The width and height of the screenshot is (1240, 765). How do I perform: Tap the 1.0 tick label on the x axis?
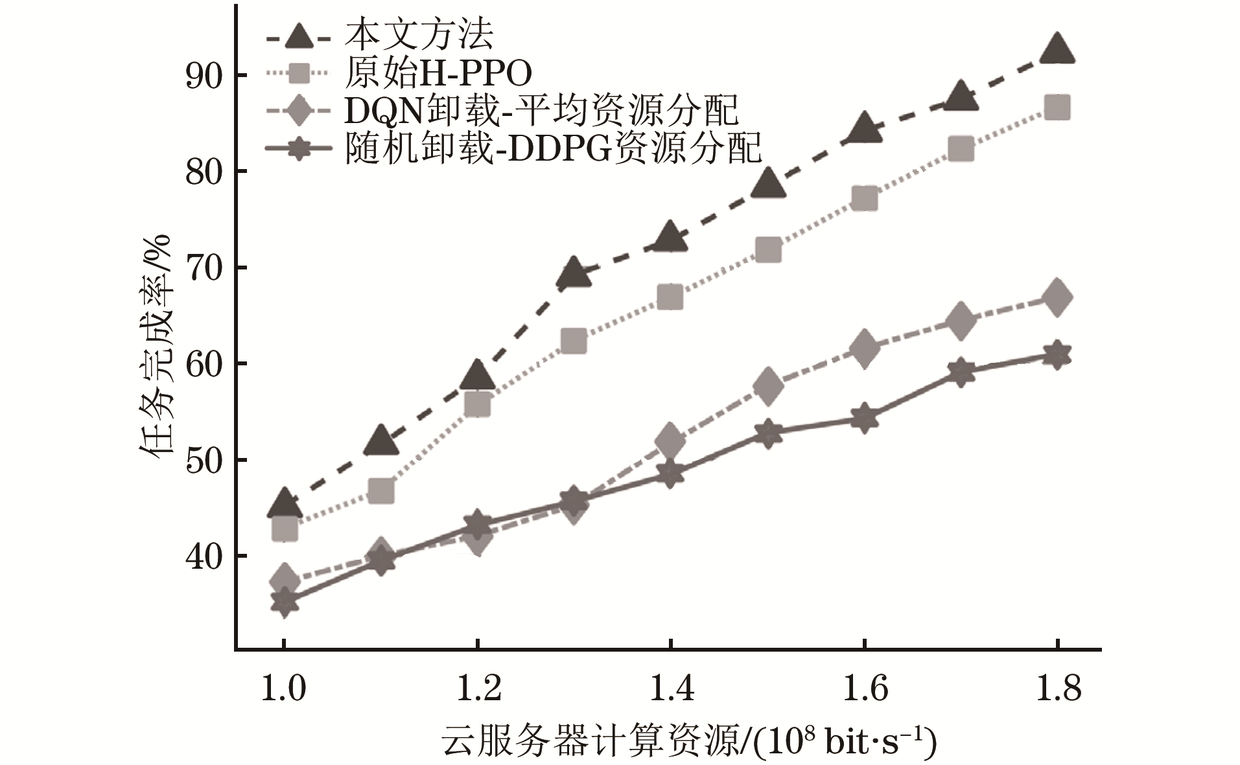[x=283, y=689]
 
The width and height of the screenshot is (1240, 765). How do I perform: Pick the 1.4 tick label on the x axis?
[x=670, y=689]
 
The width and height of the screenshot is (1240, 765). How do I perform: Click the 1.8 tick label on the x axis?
[x=1058, y=689]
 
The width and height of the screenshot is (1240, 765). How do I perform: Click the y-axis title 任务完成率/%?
[x=156, y=347]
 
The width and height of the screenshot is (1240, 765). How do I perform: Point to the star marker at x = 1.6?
[x=865, y=418]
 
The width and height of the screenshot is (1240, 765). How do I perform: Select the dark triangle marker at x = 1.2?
[x=477, y=374]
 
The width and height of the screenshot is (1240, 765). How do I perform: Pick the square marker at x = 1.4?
[x=670, y=297]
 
